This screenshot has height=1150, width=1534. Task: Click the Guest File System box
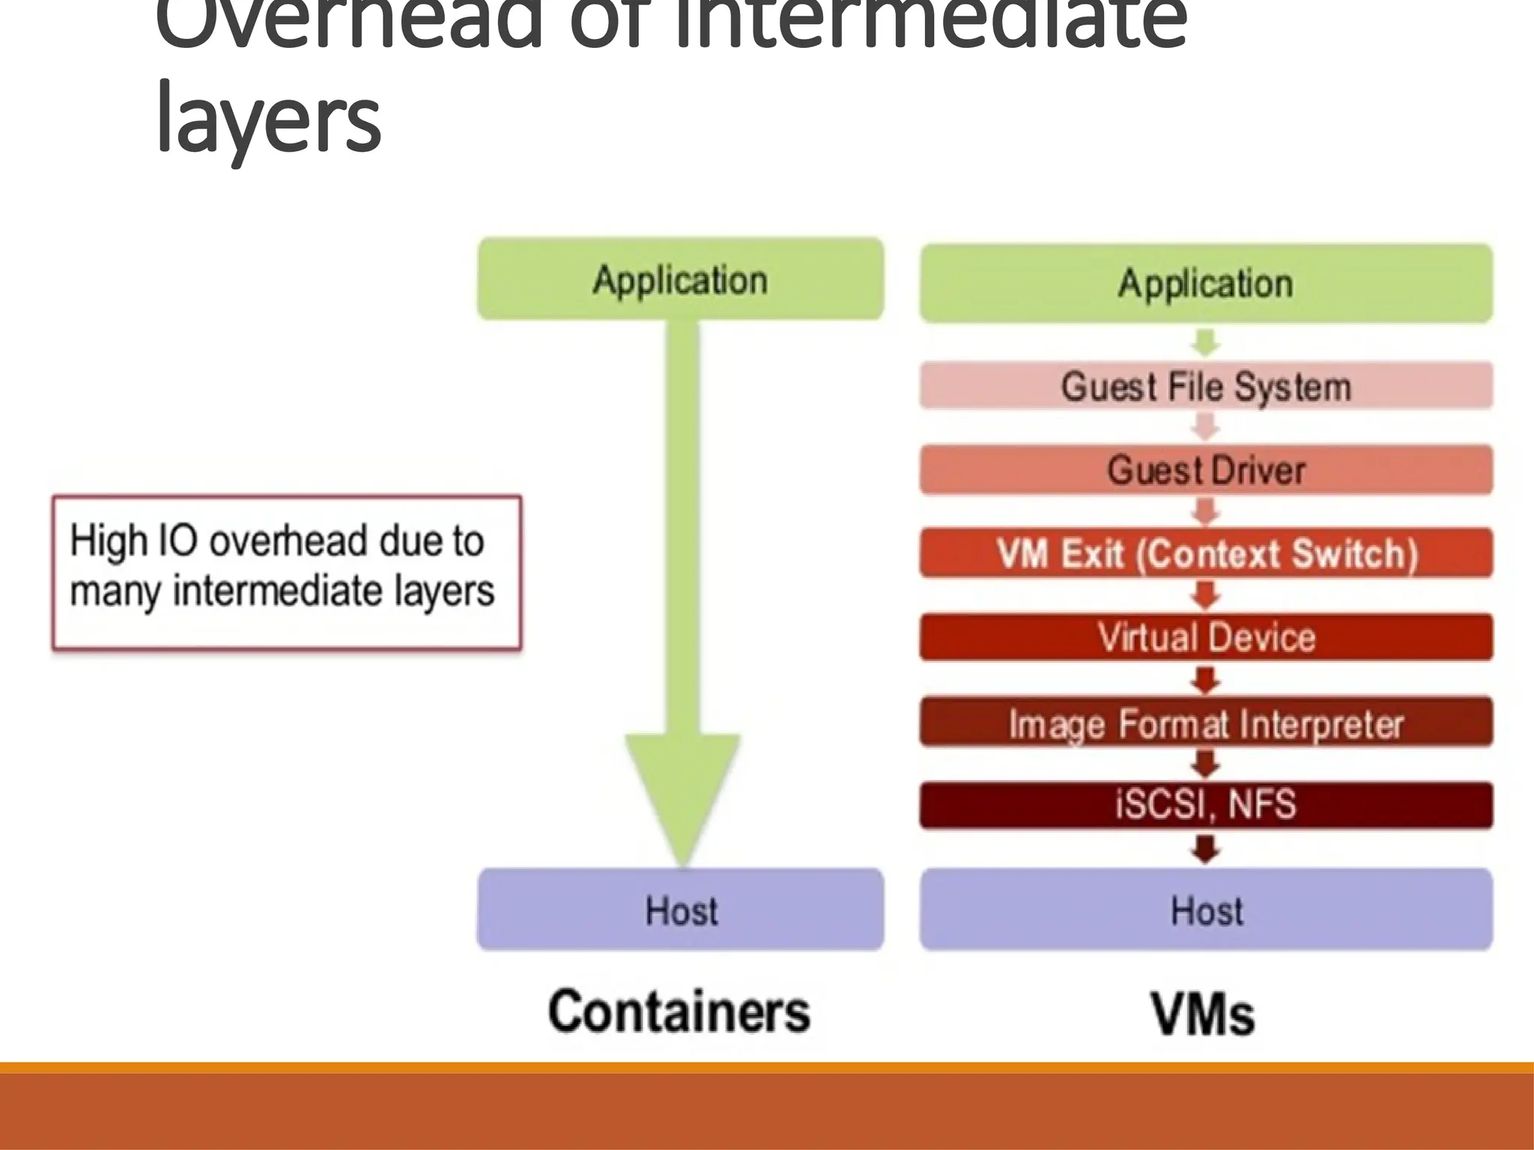tap(1206, 386)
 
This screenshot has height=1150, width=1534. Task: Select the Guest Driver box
tap(1206, 470)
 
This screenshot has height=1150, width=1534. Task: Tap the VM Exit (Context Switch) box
tap(1206, 554)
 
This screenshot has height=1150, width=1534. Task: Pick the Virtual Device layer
tap(1206, 637)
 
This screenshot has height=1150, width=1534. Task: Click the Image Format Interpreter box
tap(1206, 722)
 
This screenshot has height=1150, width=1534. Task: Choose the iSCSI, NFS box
tap(1206, 805)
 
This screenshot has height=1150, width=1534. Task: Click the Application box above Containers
tap(680, 279)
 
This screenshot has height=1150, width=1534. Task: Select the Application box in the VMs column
tap(1206, 283)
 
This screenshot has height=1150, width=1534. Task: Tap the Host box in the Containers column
tap(680, 910)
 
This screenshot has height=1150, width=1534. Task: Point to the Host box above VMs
tap(1206, 910)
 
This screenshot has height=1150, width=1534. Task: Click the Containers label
tap(679, 1011)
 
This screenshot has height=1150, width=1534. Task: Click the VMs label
tap(1202, 1014)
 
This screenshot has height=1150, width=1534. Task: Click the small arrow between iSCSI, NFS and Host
tap(1205, 849)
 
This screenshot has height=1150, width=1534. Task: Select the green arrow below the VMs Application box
tap(1205, 343)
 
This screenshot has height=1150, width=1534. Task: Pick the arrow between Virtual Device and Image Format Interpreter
tap(1205, 680)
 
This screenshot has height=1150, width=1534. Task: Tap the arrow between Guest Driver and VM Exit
tap(1205, 512)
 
